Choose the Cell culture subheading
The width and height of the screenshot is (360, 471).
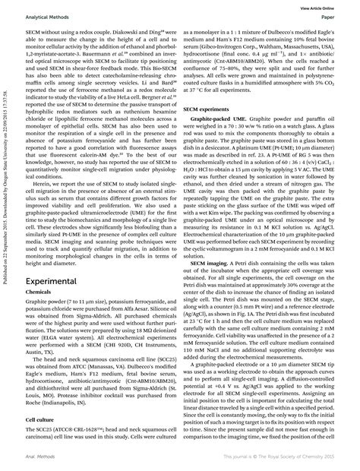tap(40, 418)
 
